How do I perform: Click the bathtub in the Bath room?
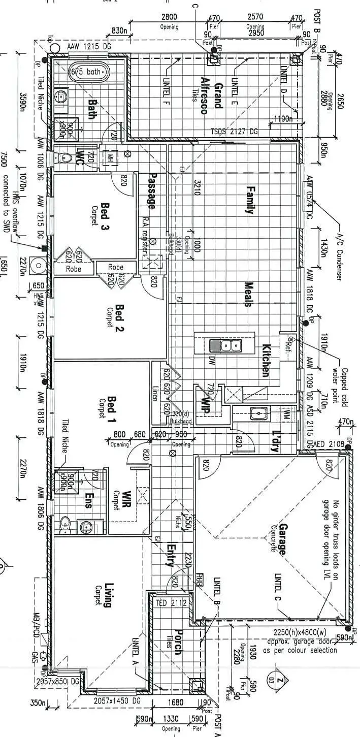coord(89,72)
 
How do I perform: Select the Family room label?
coord(249,200)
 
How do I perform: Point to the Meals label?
coord(248,294)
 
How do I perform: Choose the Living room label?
coord(107,595)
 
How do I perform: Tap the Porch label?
coord(177,642)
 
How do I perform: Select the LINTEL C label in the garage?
coord(278,588)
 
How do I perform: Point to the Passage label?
coord(151,191)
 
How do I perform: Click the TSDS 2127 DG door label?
coord(234,132)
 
